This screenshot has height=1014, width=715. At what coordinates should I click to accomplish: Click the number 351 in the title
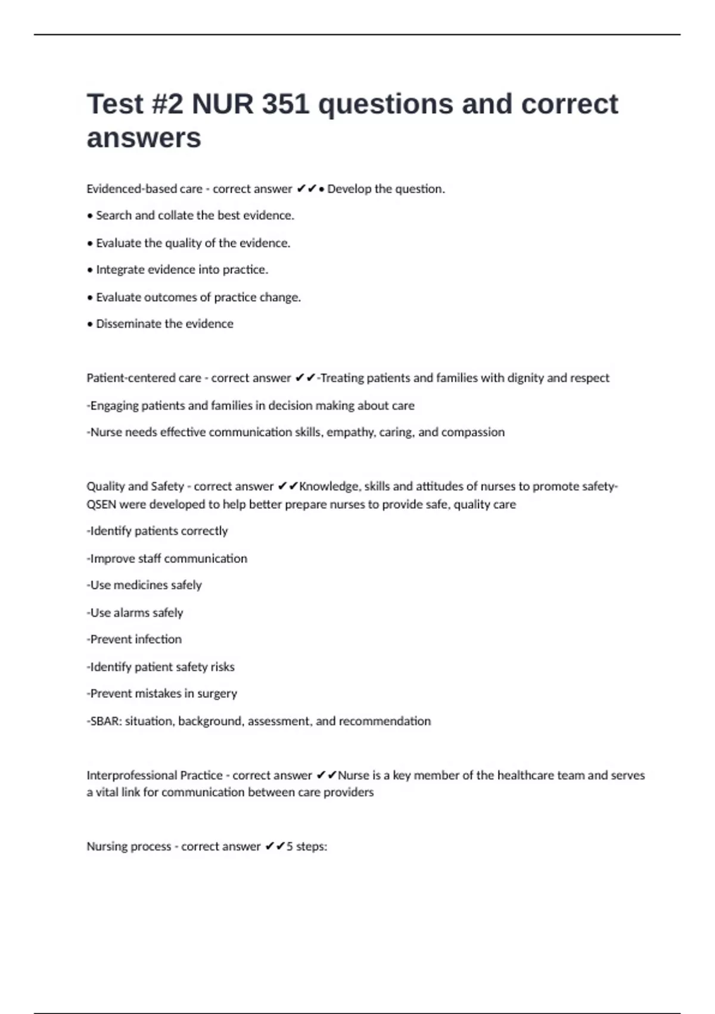click(x=285, y=104)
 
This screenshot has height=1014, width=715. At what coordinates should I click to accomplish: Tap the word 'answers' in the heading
click(x=144, y=138)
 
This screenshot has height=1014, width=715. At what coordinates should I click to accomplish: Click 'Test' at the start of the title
click(x=116, y=104)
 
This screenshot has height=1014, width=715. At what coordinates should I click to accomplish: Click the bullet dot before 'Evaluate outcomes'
click(x=90, y=298)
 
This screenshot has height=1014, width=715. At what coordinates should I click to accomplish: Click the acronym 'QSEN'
click(x=101, y=505)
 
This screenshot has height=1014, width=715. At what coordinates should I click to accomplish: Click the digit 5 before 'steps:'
click(x=290, y=846)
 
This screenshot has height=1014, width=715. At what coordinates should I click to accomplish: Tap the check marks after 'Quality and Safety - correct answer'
click(x=288, y=487)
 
